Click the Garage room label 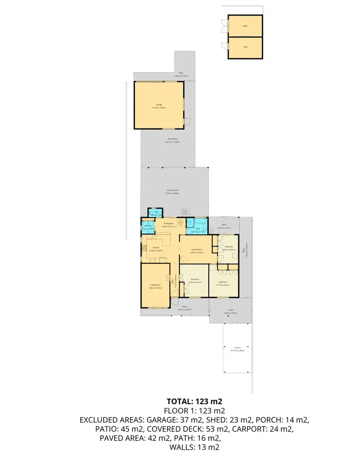tap(158, 105)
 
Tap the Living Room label tap(155, 286)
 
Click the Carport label tap(238, 349)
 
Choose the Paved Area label tap(171, 141)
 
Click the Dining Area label tap(168, 224)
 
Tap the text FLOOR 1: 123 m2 tap(194, 410)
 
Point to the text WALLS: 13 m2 tap(194, 447)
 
